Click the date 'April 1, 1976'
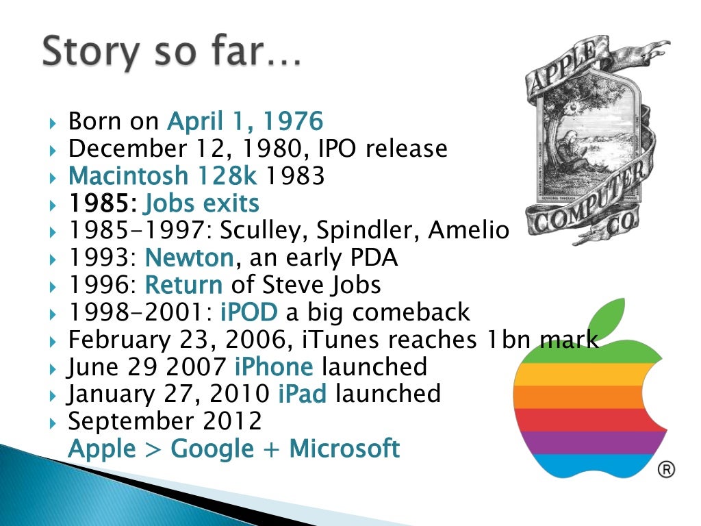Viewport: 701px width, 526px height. coord(245,122)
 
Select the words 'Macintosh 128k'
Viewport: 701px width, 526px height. coord(163,176)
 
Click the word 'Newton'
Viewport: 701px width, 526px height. coord(190,258)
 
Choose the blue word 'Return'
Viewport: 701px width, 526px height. coord(184,285)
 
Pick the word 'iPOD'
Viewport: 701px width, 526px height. coord(249,312)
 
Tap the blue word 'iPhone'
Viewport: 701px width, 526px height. coord(274,367)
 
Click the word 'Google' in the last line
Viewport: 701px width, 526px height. coord(212,449)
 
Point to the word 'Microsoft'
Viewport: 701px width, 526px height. coord(344,449)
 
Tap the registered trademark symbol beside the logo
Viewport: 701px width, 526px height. coord(665,469)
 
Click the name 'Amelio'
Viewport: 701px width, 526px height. coord(468,231)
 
